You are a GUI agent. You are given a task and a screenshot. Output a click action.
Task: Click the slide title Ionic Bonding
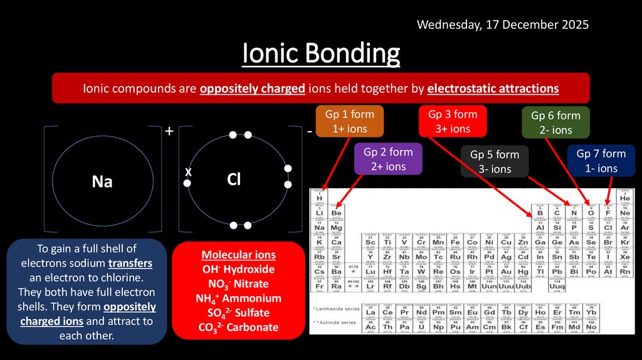(x=321, y=54)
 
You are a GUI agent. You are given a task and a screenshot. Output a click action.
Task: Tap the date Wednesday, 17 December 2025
(x=503, y=25)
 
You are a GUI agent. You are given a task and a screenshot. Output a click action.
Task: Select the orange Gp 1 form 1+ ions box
(x=349, y=121)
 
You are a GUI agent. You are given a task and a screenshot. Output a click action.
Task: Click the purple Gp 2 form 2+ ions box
(x=388, y=159)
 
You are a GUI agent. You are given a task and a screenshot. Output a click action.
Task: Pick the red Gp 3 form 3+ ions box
(x=452, y=121)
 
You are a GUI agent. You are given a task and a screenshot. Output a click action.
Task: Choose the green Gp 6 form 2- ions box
(x=555, y=122)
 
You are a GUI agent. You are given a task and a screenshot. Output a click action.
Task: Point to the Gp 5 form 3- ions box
(x=495, y=161)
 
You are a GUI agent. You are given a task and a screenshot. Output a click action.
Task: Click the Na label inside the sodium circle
(x=102, y=181)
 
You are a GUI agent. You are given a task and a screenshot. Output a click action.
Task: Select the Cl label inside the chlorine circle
(x=234, y=180)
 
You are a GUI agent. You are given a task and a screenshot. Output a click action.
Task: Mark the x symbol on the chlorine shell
(x=187, y=171)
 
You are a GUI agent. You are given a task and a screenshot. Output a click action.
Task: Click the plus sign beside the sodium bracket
(x=169, y=132)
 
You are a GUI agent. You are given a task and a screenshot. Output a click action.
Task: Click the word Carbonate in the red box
(x=254, y=327)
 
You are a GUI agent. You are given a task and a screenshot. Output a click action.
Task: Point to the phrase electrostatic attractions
(x=493, y=88)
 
